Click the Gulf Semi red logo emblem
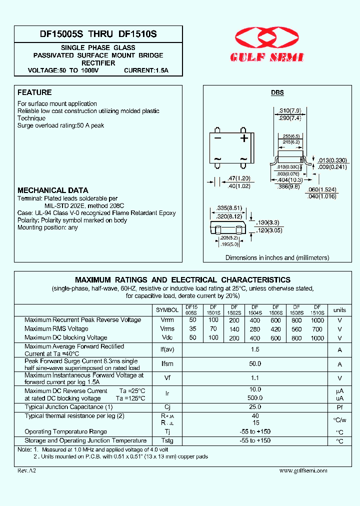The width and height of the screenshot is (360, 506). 267,38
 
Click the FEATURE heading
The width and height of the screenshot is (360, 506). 34,92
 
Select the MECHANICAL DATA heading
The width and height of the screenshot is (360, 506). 52,190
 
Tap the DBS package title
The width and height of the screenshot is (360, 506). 277,93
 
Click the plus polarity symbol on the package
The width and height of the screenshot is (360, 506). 243,138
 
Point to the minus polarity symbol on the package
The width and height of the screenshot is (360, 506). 217,138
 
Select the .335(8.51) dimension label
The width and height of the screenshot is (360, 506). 230,208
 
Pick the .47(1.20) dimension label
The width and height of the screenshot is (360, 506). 238,178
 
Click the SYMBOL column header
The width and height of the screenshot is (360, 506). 167,310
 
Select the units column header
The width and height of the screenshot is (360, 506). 339,310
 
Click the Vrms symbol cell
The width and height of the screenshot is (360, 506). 167,329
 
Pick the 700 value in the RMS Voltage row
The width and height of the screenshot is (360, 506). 317,329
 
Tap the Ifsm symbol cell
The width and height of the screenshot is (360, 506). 167,364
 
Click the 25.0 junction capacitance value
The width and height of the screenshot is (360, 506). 255,407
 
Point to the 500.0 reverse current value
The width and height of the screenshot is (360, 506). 255,398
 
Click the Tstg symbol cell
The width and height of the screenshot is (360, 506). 167,440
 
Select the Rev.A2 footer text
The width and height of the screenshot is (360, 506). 26,470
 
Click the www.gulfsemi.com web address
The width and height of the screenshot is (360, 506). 303,470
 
